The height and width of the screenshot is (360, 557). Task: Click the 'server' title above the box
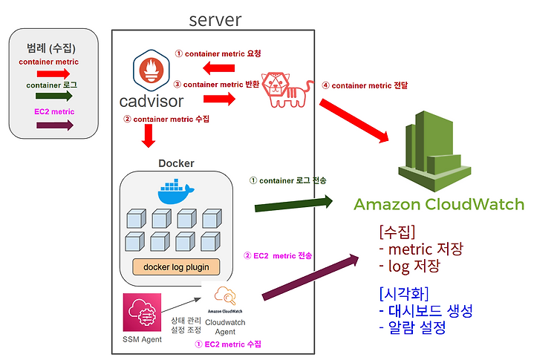coord(215,20)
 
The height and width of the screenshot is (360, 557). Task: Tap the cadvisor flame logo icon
coord(152,71)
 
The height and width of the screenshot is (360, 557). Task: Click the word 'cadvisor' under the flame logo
coord(152,102)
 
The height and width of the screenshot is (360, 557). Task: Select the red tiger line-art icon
coord(287,90)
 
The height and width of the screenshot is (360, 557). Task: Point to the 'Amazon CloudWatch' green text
coord(439,204)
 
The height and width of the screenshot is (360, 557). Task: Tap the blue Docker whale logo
coord(175,192)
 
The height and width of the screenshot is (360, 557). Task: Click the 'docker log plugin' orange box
coord(176,267)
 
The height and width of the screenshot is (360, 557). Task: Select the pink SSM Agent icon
coord(142,312)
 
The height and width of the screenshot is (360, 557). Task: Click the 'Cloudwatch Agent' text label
coord(225,327)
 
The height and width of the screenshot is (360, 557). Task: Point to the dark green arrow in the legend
coord(54,96)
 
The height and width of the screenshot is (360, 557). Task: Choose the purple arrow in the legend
coord(55,125)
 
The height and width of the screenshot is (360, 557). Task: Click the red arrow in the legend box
coord(53,73)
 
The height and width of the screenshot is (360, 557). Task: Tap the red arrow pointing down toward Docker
coord(149,136)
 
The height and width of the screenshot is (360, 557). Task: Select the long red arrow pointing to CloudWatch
coord(354,121)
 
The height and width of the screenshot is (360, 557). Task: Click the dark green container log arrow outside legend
coord(293,204)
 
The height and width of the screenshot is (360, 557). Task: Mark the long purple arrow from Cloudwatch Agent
coord(310,277)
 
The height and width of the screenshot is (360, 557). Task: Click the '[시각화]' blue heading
coord(404,294)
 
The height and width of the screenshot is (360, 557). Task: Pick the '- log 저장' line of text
coord(409,266)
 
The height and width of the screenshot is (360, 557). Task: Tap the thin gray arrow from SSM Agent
coord(181,305)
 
